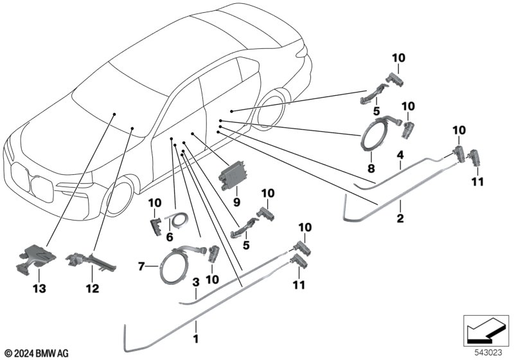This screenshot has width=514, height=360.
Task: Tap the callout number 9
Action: (236, 201)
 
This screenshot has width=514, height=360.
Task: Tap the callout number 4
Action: (400, 155)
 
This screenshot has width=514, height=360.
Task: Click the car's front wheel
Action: (120, 196)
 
